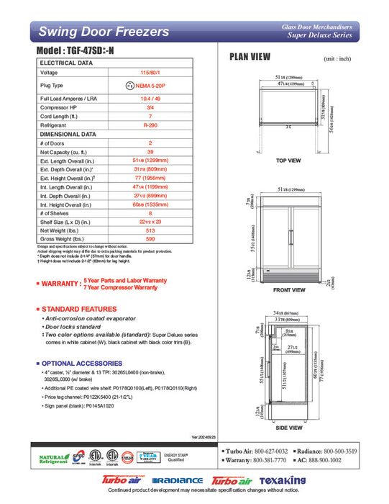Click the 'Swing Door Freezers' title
[x=104, y=32]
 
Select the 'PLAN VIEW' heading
[x=250, y=57]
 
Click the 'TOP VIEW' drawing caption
[x=288, y=160]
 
